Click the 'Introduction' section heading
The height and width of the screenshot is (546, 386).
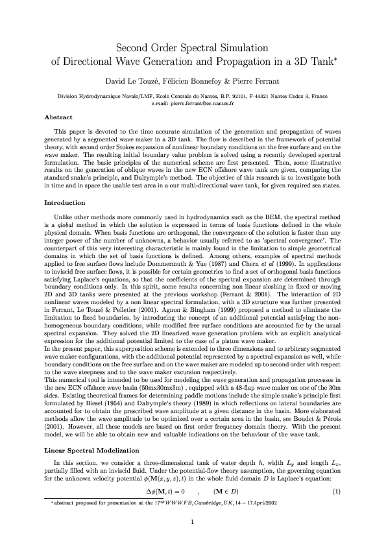(63, 203)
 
